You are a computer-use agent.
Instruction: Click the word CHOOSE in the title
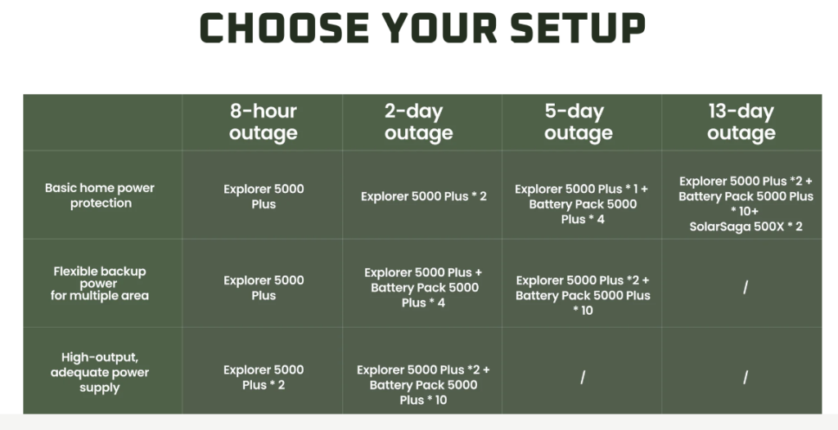(284, 28)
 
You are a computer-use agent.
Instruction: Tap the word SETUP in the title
(578, 28)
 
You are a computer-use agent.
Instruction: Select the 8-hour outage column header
(263, 122)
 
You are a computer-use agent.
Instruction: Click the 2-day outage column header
(418, 122)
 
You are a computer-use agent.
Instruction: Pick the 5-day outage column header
(579, 122)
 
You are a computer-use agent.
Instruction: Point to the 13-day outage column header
(741, 122)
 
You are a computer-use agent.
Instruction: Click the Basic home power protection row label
(100, 195)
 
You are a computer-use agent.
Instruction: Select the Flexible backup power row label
(100, 283)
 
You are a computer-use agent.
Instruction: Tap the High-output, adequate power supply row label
(100, 372)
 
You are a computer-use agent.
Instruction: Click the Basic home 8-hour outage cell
(264, 196)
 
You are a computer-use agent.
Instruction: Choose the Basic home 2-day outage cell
(424, 196)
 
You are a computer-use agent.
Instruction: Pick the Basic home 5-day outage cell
(582, 204)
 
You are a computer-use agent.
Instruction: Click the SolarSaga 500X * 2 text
(746, 226)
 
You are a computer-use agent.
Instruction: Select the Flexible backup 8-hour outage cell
(264, 288)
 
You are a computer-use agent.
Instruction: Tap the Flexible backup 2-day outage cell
(423, 288)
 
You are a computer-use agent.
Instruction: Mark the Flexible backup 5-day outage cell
(583, 295)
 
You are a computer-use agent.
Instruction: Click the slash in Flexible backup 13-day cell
(746, 288)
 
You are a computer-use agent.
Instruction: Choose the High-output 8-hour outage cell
(264, 377)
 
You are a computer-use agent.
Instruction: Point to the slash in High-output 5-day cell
(583, 378)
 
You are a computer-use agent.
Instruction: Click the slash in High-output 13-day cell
(746, 378)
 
